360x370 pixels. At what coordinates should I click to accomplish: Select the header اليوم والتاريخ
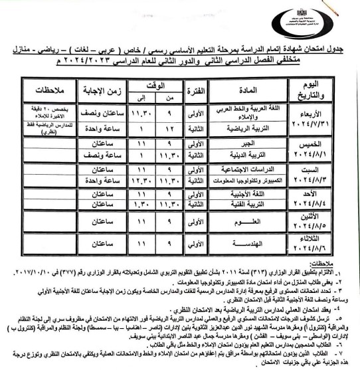(323, 89)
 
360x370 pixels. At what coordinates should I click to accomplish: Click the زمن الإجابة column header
(100, 90)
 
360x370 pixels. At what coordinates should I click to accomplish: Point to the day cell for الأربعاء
(323, 116)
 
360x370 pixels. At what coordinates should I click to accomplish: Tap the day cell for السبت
(323, 174)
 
